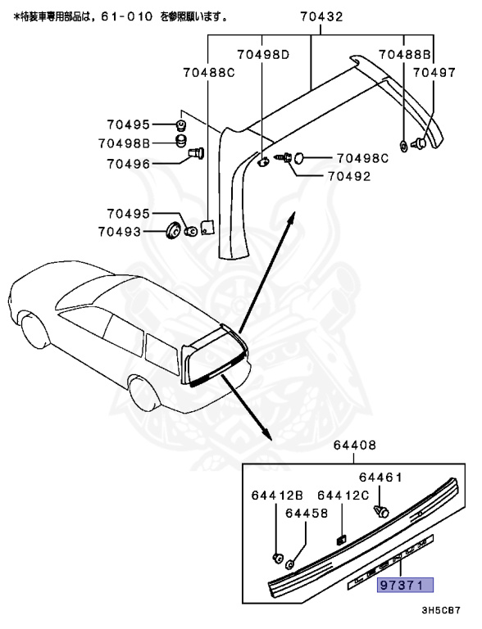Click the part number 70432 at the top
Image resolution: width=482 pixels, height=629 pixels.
pos(321,16)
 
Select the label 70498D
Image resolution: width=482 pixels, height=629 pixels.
pos(263,56)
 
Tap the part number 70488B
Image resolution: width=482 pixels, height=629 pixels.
pos(404,56)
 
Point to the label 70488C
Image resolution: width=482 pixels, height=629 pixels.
pos(208,73)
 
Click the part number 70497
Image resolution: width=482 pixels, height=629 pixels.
pos(434,73)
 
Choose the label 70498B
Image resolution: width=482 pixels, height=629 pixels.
pos(124,143)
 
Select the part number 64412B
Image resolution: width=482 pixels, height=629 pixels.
pos(277,496)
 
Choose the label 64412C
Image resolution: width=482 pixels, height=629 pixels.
pos(343,496)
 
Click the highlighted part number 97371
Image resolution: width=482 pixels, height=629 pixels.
pos(405,586)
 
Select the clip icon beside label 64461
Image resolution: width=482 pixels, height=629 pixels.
pos(379,510)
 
